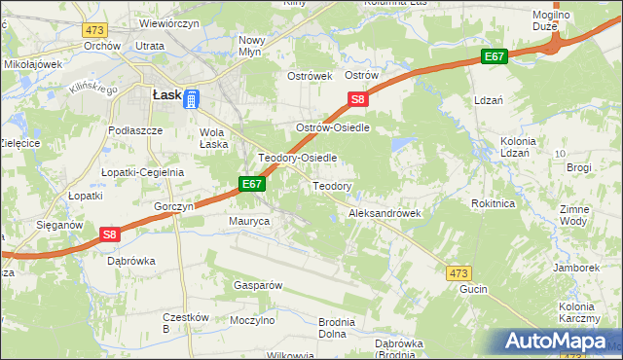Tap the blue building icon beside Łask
[192, 99]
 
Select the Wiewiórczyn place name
[143, 20]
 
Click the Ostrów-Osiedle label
[335, 127]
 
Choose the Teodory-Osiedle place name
[297, 157]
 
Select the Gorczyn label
[175, 207]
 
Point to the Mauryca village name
[248, 222]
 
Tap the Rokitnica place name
[492, 203]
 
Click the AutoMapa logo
[559, 341]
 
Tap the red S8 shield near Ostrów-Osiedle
[358, 99]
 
